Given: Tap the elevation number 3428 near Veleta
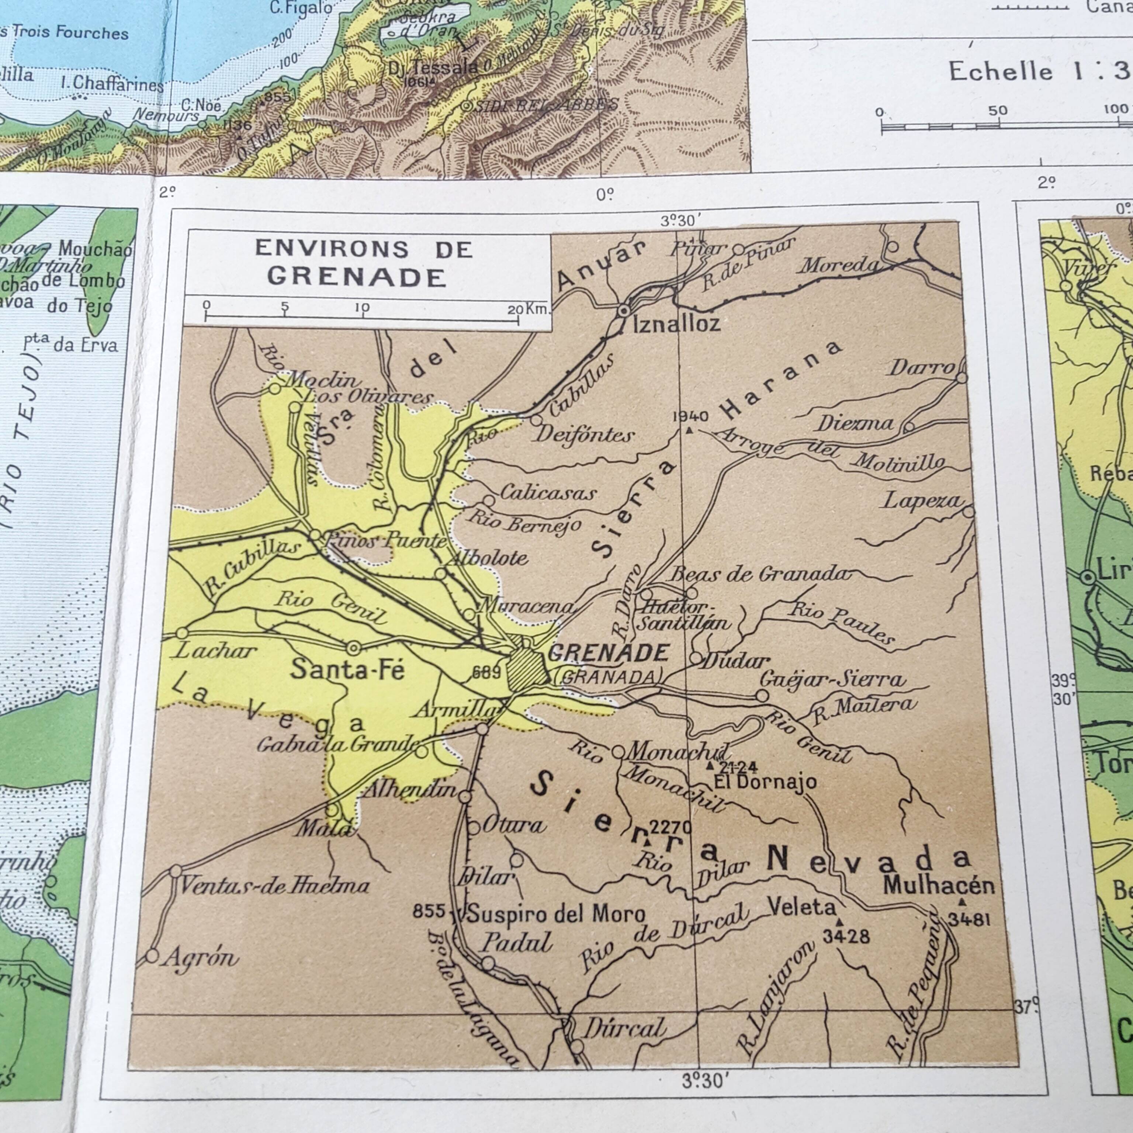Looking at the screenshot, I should point(846,936).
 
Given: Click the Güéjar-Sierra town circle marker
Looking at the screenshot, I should point(762,696).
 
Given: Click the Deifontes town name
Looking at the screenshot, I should point(585,435).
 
